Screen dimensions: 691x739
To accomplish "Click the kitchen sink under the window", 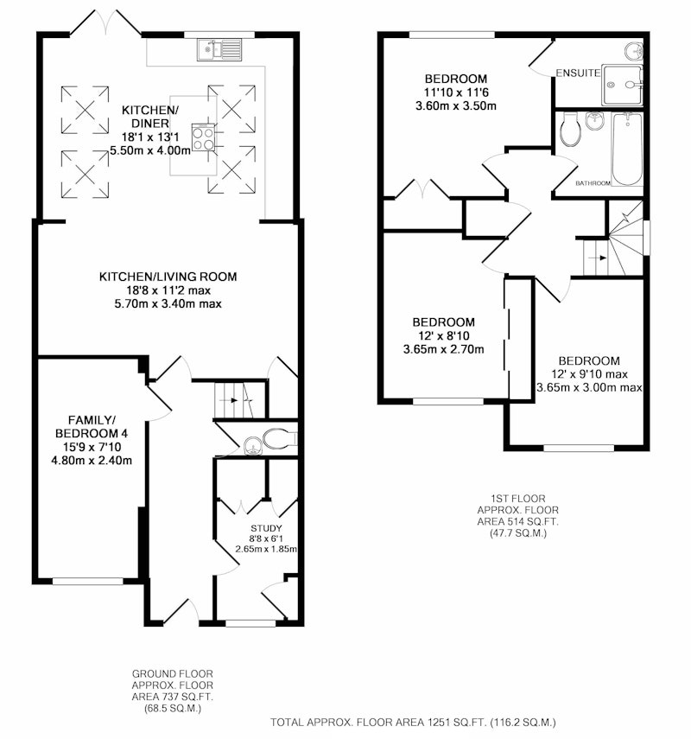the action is pyautogui.click(x=219, y=50).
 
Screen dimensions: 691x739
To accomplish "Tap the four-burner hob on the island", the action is pyautogui.click(x=203, y=137).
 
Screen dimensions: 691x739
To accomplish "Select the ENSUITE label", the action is pyautogui.click(x=578, y=73).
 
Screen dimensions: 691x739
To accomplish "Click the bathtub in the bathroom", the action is pyautogui.click(x=627, y=149).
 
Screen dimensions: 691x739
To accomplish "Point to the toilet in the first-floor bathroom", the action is pyautogui.click(x=571, y=129).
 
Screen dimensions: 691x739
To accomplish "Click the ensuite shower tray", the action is pyautogui.click(x=622, y=86).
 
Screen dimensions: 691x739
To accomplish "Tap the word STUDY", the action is pyautogui.click(x=266, y=528).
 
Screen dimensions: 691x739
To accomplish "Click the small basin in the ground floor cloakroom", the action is pyautogui.click(x=253, y=446).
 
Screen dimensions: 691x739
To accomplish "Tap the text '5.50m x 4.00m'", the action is pyautogui.click(x=150, y=150).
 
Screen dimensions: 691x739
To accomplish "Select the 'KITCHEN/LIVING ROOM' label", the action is pyautogui.click(x=168, y=277).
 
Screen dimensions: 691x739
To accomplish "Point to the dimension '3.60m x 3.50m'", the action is pyautogui.click(x=455, y=105).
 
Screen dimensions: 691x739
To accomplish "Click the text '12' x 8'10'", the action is pyautogui.click(x=443, y=335).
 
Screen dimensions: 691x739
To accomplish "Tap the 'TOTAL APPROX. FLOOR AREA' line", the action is pyautogui.click(x=413, y=722).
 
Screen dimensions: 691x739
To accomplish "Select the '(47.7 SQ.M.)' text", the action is pyautogui.click(x=517, y=533).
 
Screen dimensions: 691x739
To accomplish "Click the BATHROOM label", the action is pyautogui.click(x=593, y=183).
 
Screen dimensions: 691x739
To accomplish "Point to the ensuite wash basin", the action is pyautogui.click(x=634, y=50).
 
